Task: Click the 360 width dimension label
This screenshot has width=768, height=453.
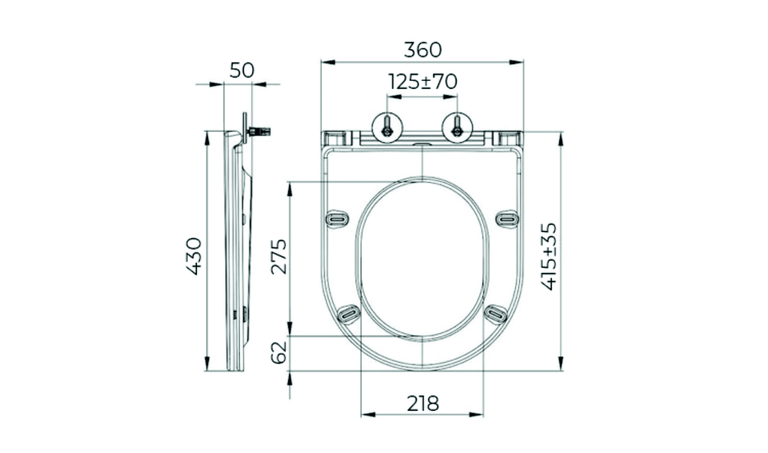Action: [x=423, y=50]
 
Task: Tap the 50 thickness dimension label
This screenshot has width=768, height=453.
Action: [x=242, y=70]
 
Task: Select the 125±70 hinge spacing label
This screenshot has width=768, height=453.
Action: [x=423, y=82]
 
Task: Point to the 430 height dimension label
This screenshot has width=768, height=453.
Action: [x=194, y=256]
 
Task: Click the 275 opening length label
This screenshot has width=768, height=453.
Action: [x=279, y=257]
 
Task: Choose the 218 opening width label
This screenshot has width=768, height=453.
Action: [x=423, y=404]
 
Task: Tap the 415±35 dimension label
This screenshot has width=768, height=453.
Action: [x=549, y=257]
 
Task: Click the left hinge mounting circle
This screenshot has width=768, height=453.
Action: [x=387, y=128]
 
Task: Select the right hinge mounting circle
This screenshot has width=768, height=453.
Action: [x=457, y=128]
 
